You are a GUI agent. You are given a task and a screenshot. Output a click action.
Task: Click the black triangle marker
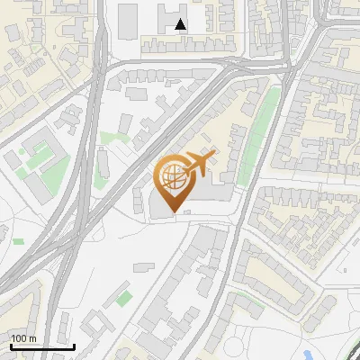pyautogui.click(x=182, y=25)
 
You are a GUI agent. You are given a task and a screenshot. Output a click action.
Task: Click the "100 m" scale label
pyautogui.click(x=23, y=337)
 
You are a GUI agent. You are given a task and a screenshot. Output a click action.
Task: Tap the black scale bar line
pyautogui.click(x=41, y=346)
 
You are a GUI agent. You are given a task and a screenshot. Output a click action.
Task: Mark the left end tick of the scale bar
pyautogui.click(x=10, y=345)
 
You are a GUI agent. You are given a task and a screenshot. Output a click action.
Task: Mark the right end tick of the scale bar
pyautogui.click(x=74, y=345)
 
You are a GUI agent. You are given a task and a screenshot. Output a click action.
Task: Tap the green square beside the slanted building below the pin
pyautogui.click(x=124, y=297)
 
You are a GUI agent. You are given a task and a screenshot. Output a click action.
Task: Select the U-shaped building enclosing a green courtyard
pyautogui.click(x=36, y=162)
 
